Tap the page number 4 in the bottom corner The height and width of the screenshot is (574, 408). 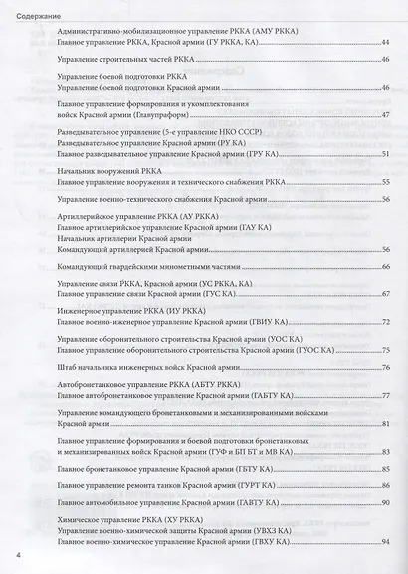18,554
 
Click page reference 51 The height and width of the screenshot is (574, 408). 384,154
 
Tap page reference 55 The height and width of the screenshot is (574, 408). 384,183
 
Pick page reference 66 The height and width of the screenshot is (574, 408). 384,268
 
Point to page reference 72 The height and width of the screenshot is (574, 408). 384,323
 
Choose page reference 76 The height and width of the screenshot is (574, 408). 384,368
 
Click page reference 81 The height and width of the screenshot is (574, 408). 384,424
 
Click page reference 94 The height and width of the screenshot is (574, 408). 384,541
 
